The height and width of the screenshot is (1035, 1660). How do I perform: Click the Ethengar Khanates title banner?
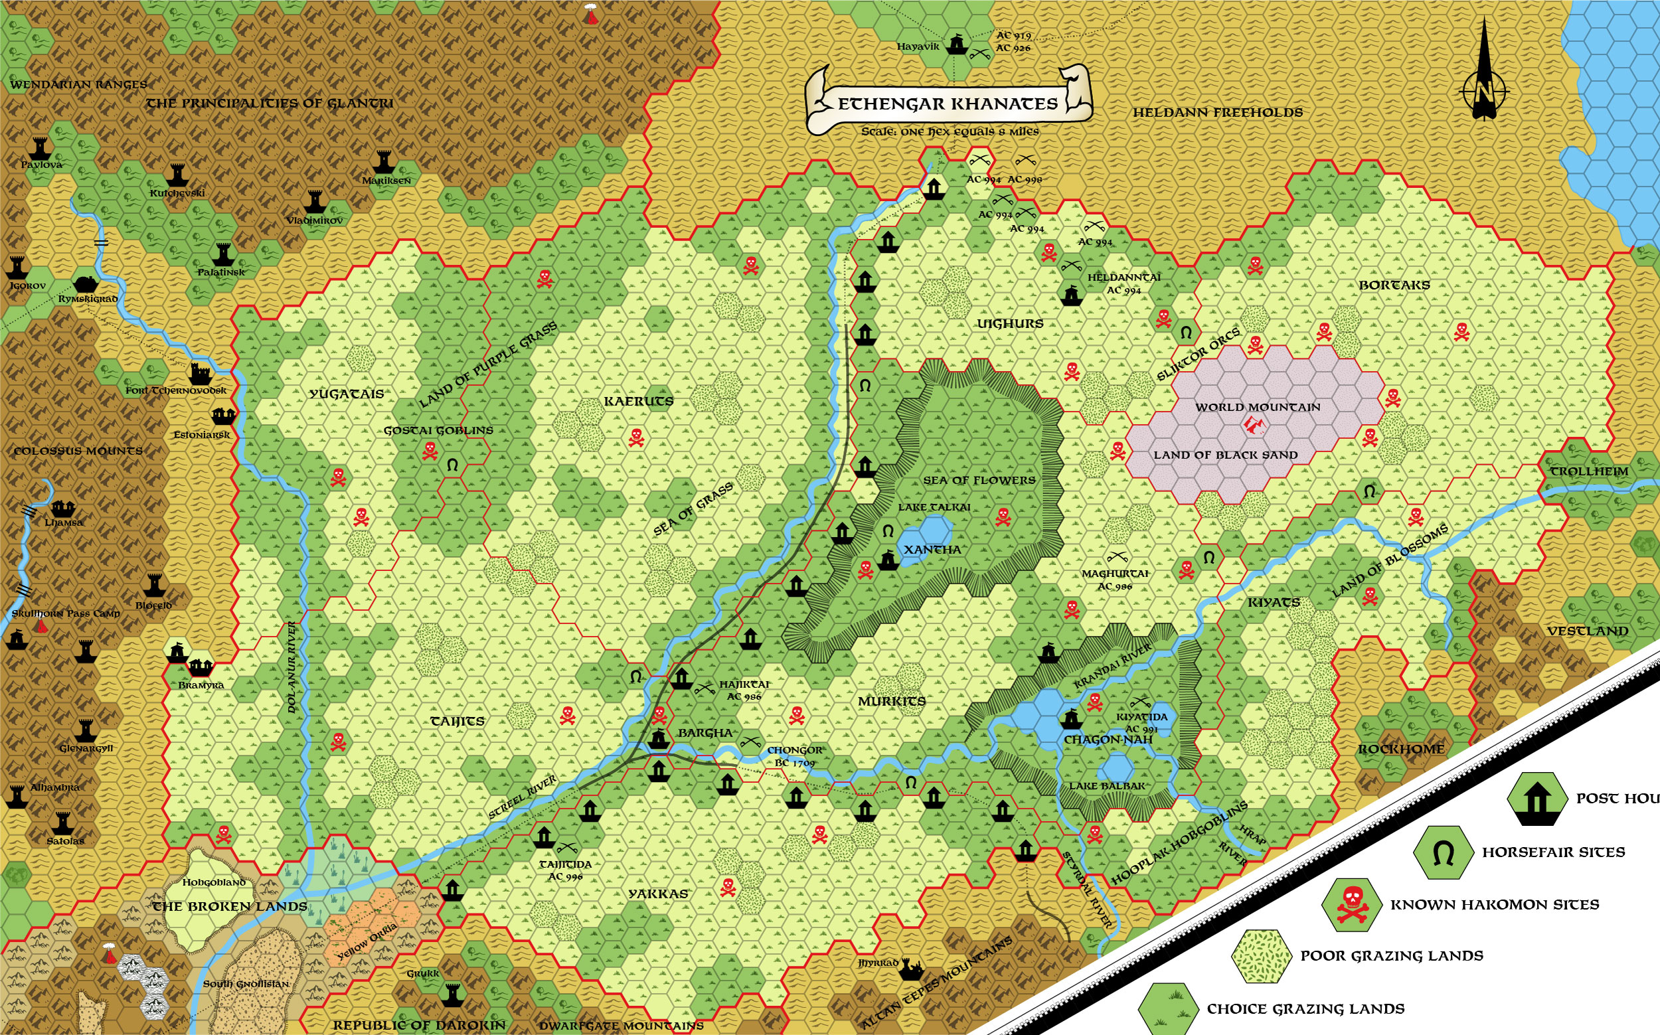(948, 103)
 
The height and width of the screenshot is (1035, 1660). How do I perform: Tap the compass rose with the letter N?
(1484, 89)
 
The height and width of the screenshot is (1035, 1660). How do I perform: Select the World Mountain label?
(1258, 407)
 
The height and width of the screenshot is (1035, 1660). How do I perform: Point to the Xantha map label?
(932, 550)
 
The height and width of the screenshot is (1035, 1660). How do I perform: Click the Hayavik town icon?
(956, 44)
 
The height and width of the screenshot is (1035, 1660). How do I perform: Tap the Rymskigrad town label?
(88, 299)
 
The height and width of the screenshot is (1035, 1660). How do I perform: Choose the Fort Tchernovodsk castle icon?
(201, 374)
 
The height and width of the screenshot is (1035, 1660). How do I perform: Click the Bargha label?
(705, 732)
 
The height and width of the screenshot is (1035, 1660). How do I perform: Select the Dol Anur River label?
(292, 667)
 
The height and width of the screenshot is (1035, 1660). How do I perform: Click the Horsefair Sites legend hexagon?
(1443, 853)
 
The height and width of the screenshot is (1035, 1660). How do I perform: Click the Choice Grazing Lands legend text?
(1305, 1009)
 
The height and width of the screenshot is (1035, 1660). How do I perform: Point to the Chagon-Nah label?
(1108, 740)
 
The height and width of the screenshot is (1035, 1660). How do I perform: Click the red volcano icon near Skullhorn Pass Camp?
(41, 625)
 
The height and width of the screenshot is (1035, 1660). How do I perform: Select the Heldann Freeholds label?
(1218, 113)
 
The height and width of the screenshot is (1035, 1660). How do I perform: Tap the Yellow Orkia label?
(367, 941)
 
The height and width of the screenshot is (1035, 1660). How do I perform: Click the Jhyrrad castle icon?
(911, 969)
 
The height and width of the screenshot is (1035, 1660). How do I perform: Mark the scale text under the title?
(950, 131)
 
